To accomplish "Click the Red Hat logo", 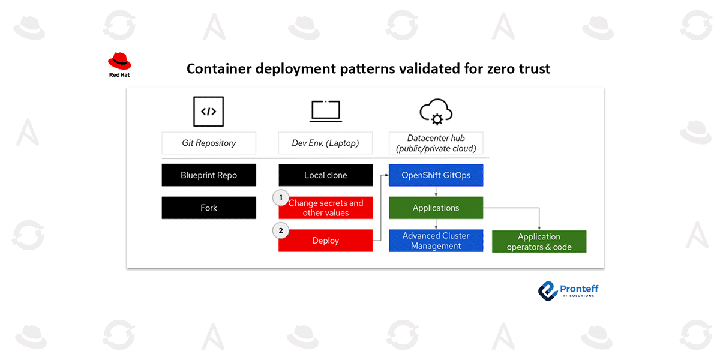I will pos(119,64).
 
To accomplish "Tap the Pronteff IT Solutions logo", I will pos(568,290).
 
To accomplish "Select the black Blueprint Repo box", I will pos(209,175).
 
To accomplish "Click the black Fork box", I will pos(209,208).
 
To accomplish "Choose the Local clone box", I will pos(326,175).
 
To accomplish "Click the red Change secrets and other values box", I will pos(326,208).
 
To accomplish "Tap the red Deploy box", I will pos(326,241).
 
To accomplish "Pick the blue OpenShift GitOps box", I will pos(436,175).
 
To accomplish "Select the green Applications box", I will pos(436,208).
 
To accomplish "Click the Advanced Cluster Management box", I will pos(436,241).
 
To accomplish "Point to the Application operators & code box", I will pos(539,241).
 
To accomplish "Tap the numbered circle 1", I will pos(280,197).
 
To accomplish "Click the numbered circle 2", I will pos(280,230).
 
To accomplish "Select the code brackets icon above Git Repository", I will pos(208,112).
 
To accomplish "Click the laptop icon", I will pos(325,112).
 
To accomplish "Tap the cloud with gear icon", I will pos(436,112).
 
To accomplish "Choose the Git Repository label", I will pos(209,143).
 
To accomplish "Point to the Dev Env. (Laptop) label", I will pos(326,143).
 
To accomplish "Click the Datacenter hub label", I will pos(436,143).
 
